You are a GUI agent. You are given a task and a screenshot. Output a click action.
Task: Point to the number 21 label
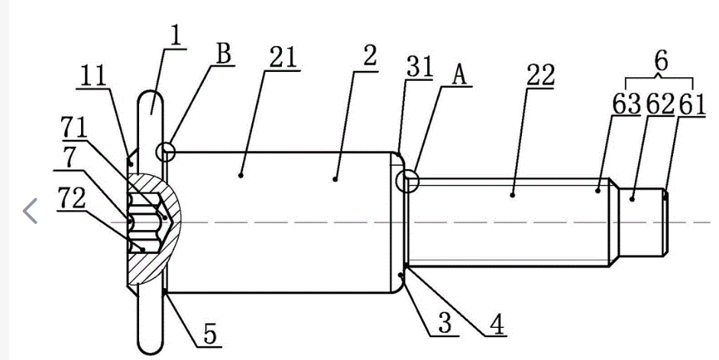pyautogui.click(x=283, y=59)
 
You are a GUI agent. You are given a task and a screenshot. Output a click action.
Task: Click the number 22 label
pyautogui.click(x=540, y=76)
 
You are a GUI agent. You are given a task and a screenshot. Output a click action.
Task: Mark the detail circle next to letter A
pyautogui.click(x=409, y=181)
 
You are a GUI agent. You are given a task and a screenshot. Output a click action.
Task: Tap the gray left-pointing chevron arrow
pyautogui.click(x=31, y=210)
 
